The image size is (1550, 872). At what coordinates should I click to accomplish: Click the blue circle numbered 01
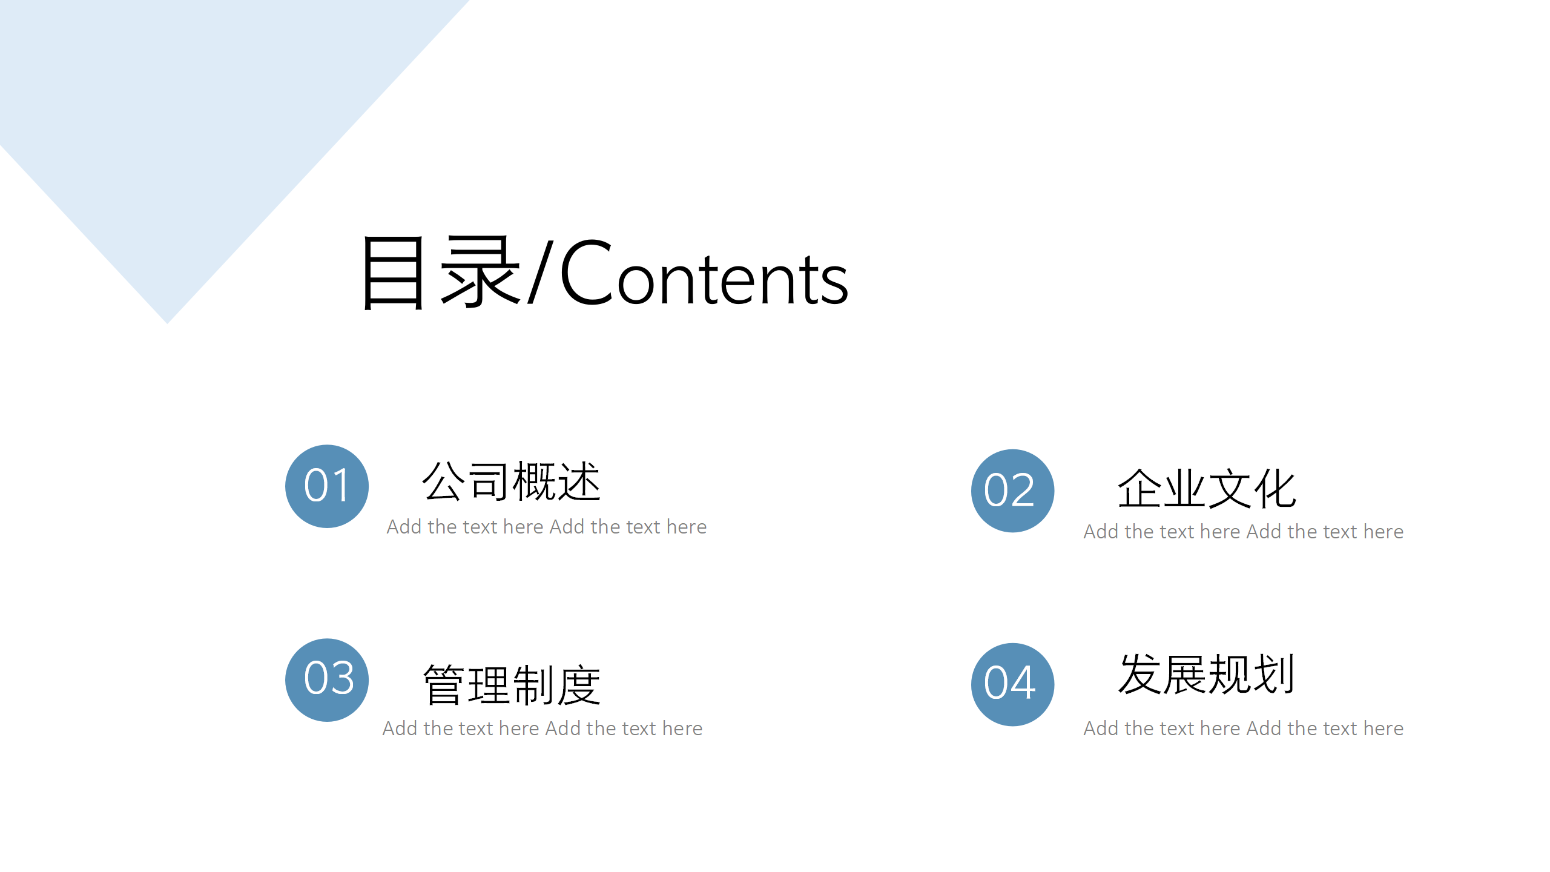click(x=327, y=486)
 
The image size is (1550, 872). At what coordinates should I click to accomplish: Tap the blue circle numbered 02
click(x=1013, y=490)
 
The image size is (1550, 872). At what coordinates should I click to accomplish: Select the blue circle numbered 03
click(x=327, y=680)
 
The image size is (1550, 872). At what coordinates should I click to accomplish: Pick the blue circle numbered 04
click(x=1013, y=684)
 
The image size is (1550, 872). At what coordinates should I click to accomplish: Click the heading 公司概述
click(x=512, y=481)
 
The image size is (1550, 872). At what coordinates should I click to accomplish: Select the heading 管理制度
click(x=512, y=685)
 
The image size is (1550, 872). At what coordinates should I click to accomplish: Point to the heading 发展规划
click(x=1207, y=673)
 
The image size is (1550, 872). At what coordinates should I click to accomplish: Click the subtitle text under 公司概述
click(x=547, y=527)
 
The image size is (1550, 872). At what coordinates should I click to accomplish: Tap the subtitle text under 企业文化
click(x=1244, y=532)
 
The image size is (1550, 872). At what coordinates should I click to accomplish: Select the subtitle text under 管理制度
click(x=542, y=728)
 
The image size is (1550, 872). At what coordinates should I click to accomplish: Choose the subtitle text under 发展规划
click(x=1244, y=728)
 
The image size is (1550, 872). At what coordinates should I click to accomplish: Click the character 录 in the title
click(x=481, y=272)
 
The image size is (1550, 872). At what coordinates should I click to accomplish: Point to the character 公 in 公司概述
click(x=444, y=481)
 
